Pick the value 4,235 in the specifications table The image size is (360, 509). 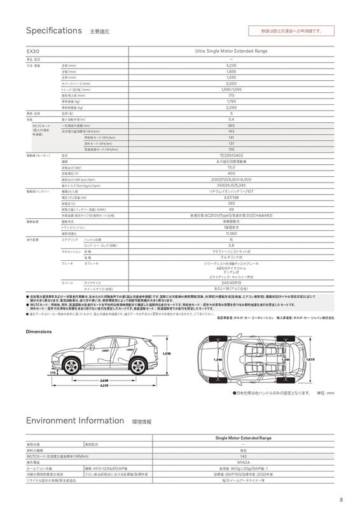(x=232, y=66)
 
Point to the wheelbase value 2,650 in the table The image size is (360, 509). (x=232, y=83)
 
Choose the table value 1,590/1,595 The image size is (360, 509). (x=232, y=89)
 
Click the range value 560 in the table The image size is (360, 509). (x=232, y=125)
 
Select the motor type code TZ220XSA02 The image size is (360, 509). (x=232, y=155)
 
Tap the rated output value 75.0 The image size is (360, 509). (x=232, y=167)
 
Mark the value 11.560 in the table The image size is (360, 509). (x=232, y=233)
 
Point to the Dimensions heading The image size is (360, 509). (x=43, y=332)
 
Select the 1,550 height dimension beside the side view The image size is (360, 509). (x=167, y=354)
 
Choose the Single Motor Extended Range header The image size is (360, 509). (x=244, y=438)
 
